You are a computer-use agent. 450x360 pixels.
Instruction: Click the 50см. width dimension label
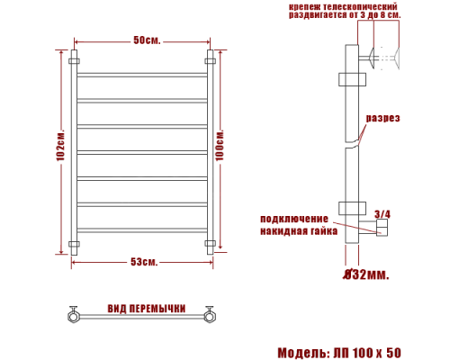click(x=147, y=40)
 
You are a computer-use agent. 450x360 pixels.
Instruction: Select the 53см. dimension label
click(x=144, y=262)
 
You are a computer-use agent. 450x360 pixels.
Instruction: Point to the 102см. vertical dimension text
click(x=60, y=146)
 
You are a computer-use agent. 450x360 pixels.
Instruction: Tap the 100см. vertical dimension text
click(x=220, y=146)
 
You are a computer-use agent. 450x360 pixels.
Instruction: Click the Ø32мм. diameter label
click(x=366, y=274)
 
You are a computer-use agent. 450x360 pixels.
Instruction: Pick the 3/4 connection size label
click(x=382, y=214)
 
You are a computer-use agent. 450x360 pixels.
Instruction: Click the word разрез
click(x=382, y=118)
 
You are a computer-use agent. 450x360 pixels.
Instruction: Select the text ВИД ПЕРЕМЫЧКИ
click(x=147, y=309)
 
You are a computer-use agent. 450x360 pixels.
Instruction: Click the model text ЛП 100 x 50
click(x=367, y=353)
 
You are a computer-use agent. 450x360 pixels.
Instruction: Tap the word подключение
click(x=294, y=219)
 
